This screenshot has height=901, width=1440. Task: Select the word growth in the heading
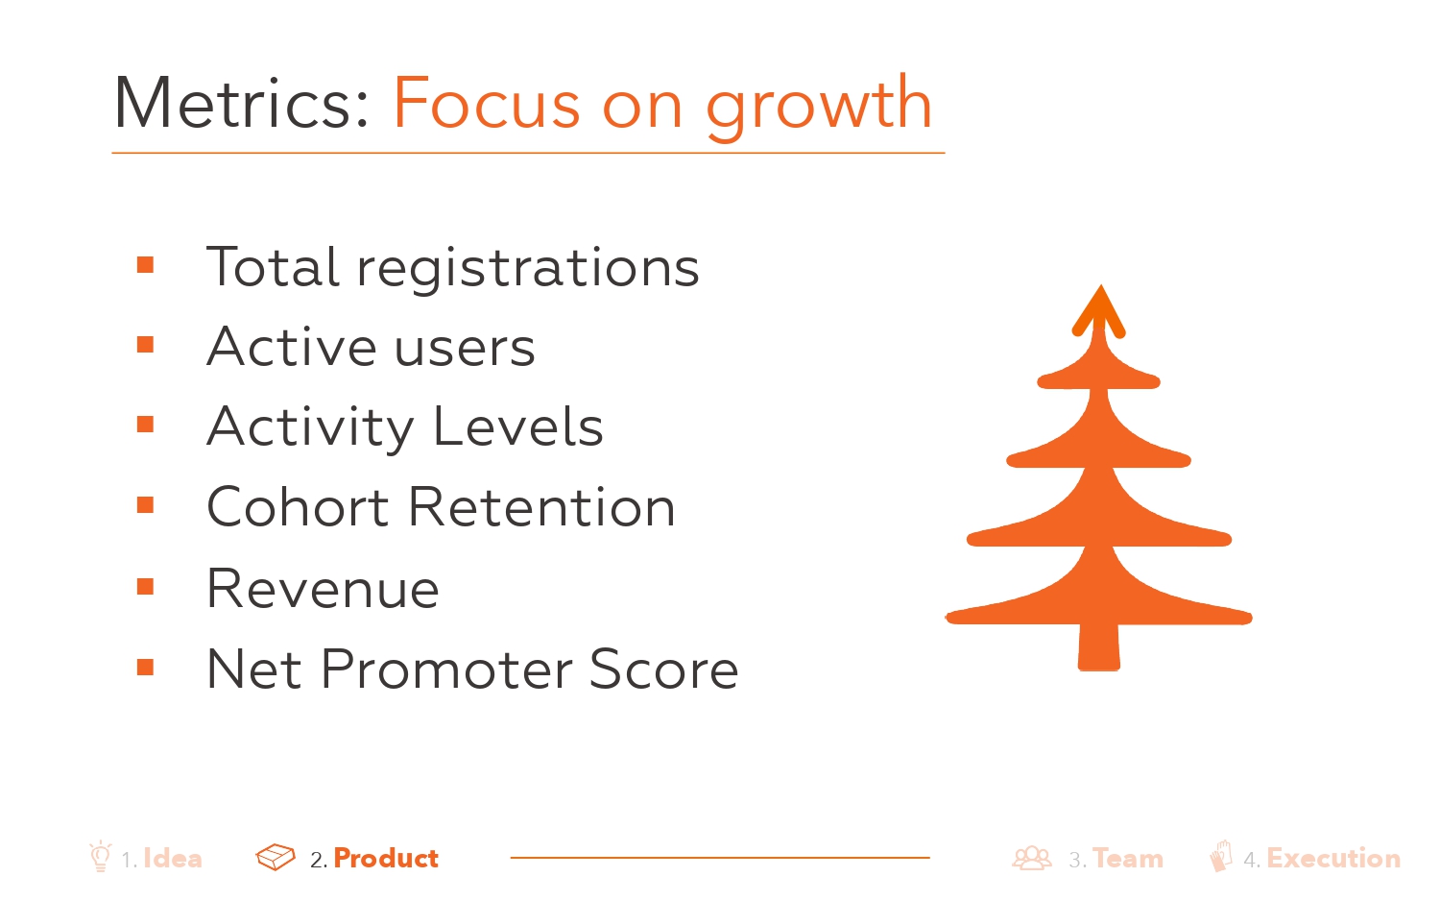click(819, 107)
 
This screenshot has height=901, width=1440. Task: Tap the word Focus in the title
click(486, 102)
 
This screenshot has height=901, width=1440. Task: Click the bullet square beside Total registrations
click(145, 265)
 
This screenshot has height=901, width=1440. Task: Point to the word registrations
click(528, 270)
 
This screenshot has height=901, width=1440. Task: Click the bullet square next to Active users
click(145, 345)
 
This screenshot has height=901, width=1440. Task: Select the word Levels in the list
click(518, 426)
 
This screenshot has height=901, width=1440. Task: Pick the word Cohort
click(298, 506)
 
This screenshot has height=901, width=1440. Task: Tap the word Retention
click(542, 506)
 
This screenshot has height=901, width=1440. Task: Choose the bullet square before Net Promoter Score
click(145, 668)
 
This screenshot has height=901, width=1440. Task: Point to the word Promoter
click(445, 669)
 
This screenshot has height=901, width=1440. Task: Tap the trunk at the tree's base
click(1098, 647)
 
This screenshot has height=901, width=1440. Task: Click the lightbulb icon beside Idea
click(100, 856)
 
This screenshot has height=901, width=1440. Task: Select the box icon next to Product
click(276, 857)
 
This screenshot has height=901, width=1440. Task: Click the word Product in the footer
click(386, 859)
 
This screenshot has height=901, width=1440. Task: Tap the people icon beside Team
click(1032, 858)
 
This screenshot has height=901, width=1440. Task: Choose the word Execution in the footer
click(1333, 859)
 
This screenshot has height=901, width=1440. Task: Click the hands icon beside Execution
click(1221, 856)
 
